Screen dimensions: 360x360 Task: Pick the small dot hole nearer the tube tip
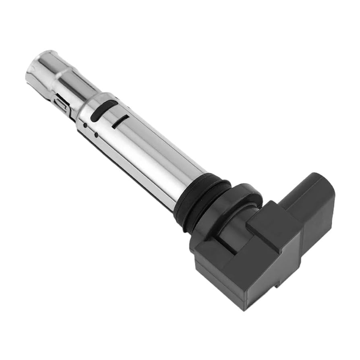(85, 125)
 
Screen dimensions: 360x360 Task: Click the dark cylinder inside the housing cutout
(234, 230)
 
